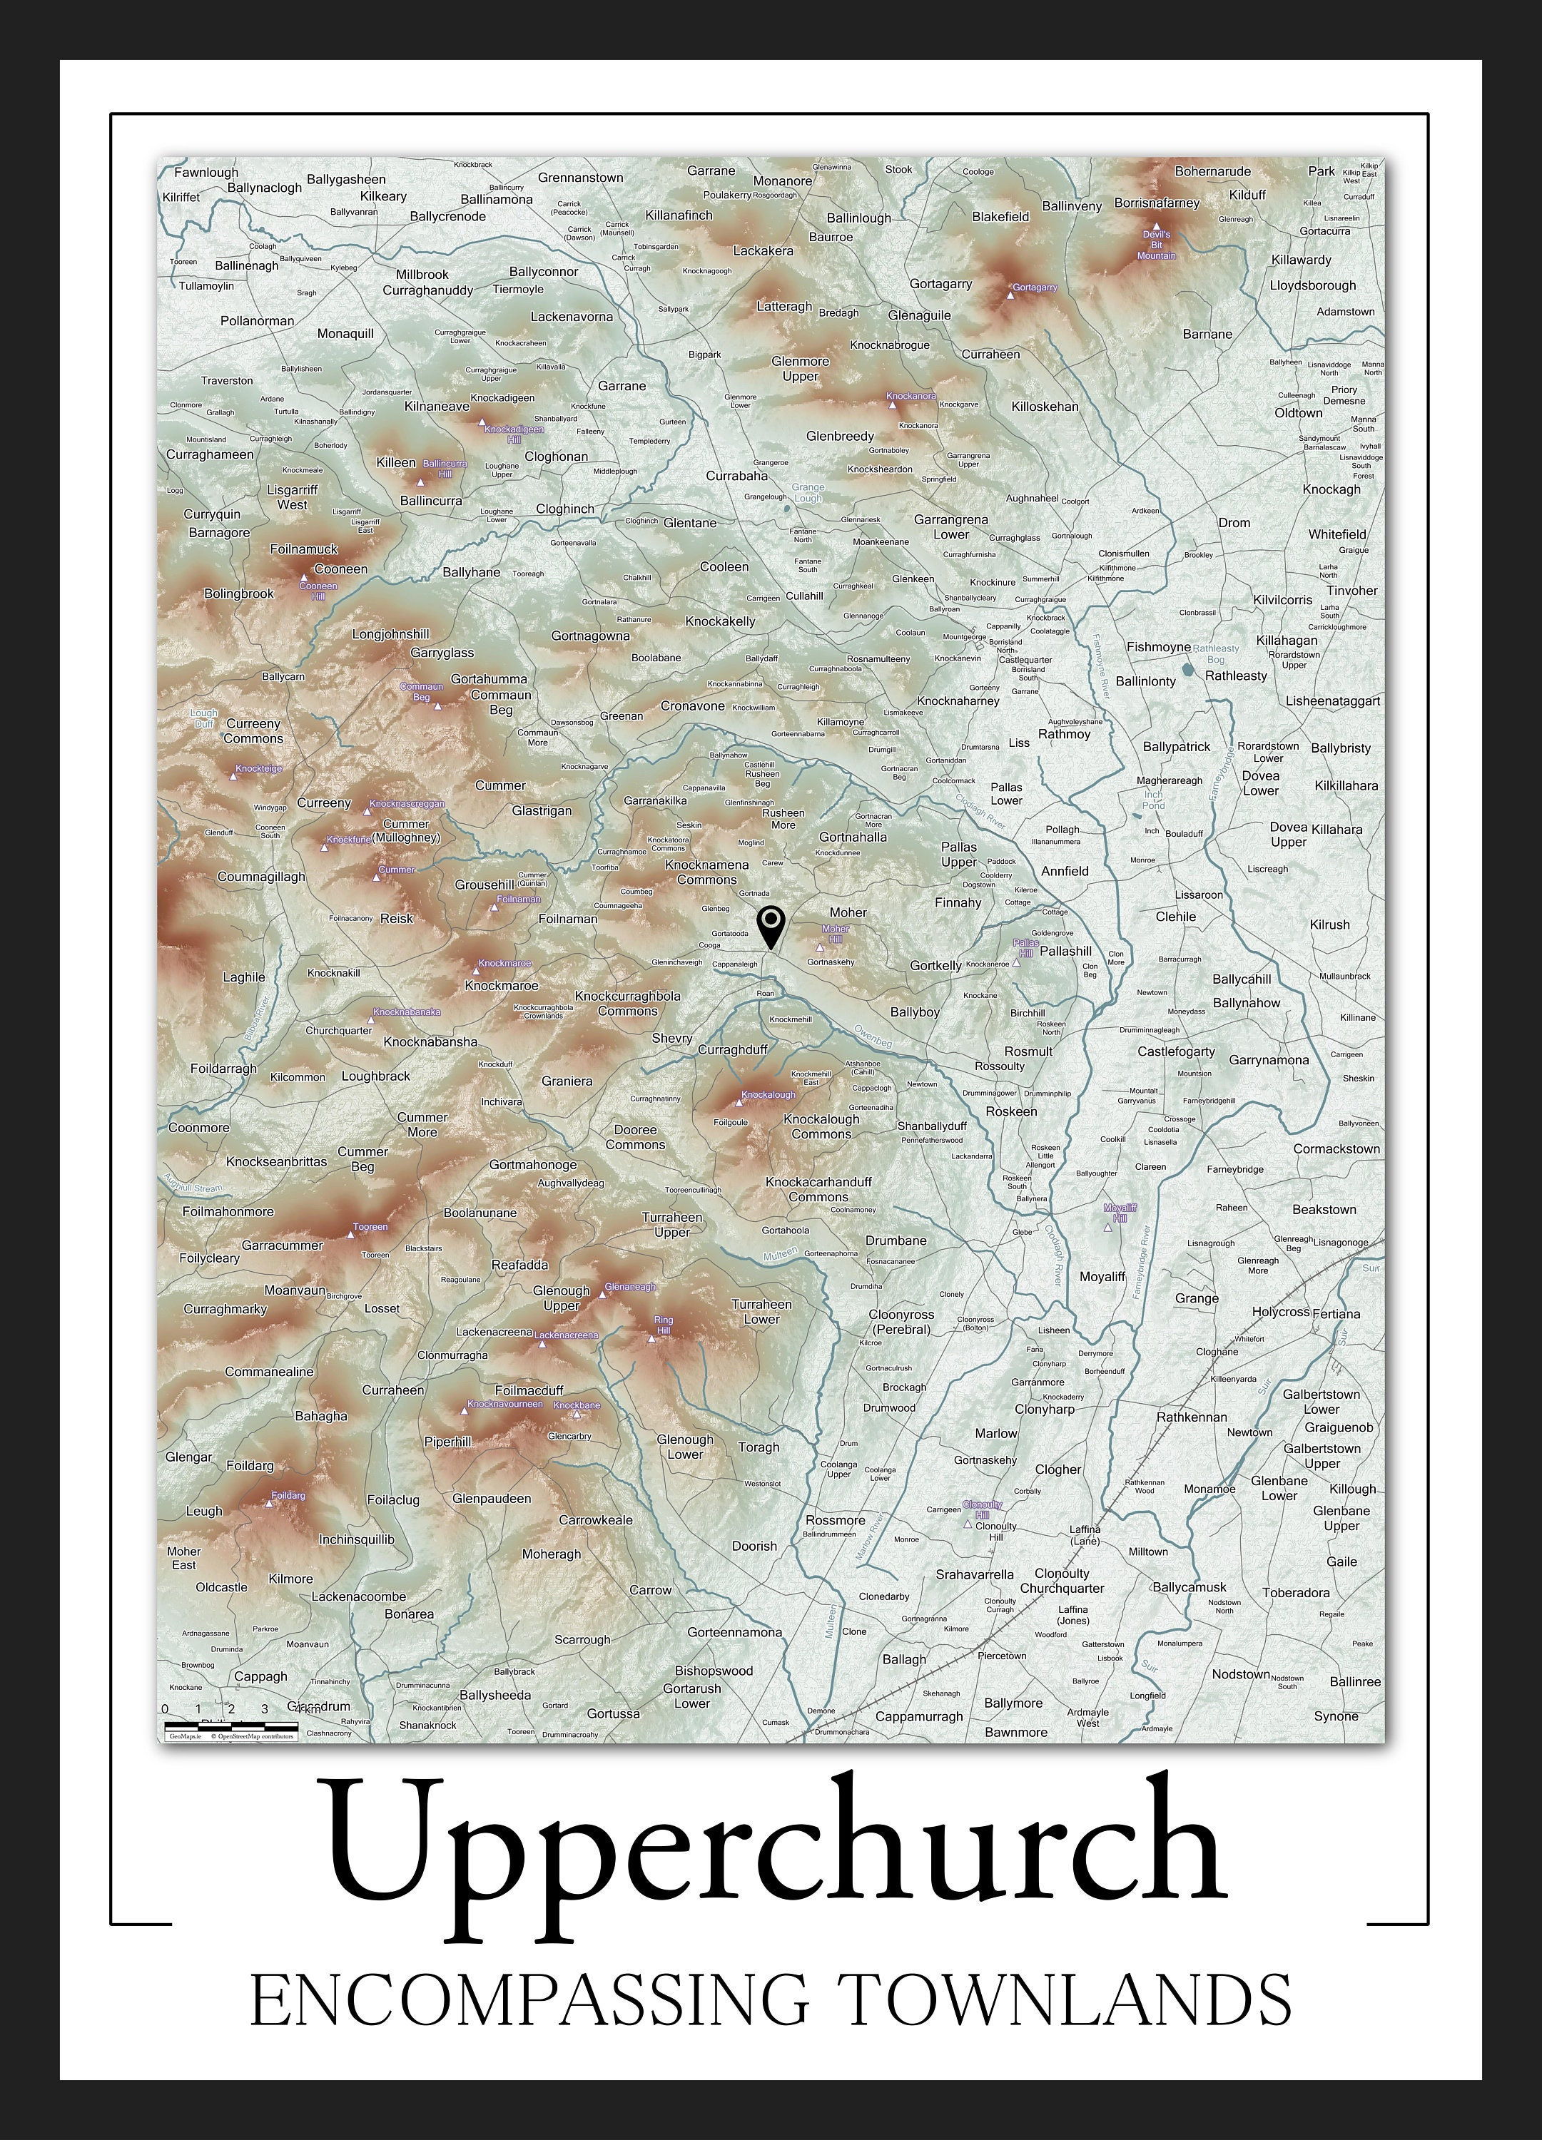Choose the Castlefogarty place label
pyautogui.click(x=1176, y=1051)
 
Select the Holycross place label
pyautogui.click(x=1281, y=1312)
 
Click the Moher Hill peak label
pyautogui.click(x=835, y=934)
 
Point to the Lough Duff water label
pyautogui.click(x=204, y=718)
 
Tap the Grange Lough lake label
pyautogui.click(x=808, y=492)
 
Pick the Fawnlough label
pyautogui.click(x=207, y=173)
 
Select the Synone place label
pyautogui.click(x=1336, y=1716)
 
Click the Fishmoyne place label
pyautogui.click(x=1158, y=647)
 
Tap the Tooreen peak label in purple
pyautogui.click(x=370, y=1227)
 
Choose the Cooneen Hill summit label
pyautogui.click(x=318, y=591)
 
